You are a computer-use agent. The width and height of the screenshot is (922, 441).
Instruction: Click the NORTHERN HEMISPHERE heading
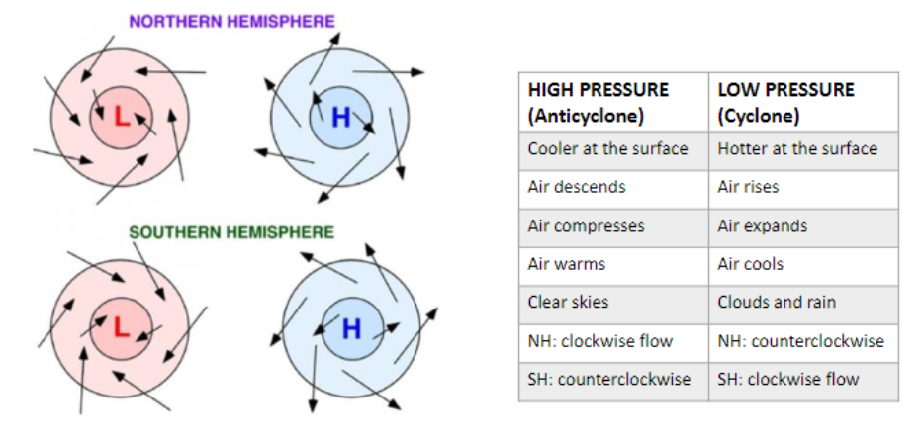[231, 21]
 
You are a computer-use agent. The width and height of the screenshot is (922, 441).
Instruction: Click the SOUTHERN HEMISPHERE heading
[231, 232]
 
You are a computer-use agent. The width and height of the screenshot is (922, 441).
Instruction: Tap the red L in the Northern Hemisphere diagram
[121, 117]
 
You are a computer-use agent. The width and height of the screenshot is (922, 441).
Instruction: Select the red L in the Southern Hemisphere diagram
[121, 325]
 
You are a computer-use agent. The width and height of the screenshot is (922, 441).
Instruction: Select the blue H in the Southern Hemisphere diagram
[351, 328]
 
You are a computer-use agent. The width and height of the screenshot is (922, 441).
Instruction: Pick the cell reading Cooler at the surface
[607, 148]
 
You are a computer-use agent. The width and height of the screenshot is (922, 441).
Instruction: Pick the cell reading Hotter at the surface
[797, 148]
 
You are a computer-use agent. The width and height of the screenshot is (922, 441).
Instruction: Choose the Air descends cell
[577, 187]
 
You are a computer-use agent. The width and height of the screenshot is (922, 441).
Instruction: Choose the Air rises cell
[748, 187]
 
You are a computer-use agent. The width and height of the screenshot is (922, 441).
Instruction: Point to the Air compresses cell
[586, 225]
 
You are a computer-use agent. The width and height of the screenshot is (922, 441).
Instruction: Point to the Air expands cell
[762, 225]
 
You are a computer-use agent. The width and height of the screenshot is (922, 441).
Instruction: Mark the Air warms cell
[567, 264]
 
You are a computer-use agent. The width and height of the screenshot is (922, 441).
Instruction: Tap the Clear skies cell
[569, 302]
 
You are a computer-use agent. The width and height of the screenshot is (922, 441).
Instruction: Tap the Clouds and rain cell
[777, 302]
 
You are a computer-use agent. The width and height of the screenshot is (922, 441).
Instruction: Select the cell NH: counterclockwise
[801, 341]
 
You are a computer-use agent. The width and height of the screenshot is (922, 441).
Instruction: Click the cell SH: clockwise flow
[788, 379]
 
